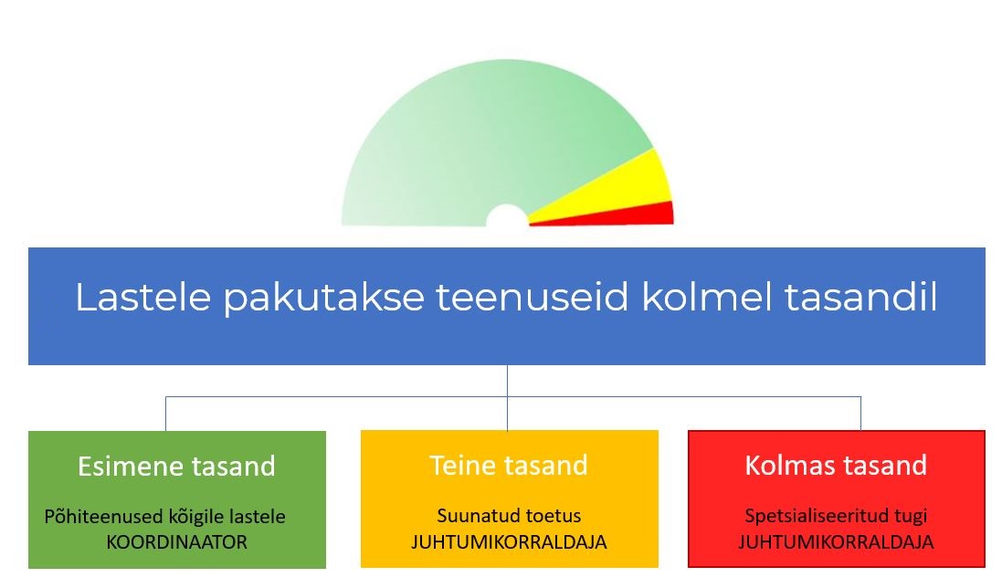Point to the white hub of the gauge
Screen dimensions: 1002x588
coord(507,216)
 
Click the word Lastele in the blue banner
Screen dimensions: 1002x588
coord(142,297)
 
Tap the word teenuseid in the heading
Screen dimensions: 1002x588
coord(533,297)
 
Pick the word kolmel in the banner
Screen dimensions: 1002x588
coord(706,296)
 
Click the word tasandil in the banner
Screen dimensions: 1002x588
coord(860,296)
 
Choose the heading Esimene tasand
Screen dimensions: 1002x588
coord(176,466)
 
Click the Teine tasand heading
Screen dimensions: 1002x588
coord(509,466)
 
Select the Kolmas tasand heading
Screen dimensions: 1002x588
coord(836,466)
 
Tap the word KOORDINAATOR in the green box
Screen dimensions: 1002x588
coord(176,542)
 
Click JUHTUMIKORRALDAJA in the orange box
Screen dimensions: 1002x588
coord(509,542)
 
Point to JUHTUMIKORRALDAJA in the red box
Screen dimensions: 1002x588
coord(836,542)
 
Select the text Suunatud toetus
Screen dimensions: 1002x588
coord(509,515)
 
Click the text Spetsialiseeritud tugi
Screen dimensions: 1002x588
coord(836,516)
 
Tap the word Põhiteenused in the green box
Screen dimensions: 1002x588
coord(103,516)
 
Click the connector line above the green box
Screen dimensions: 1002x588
coord(165,414)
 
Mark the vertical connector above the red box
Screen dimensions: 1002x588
coord(860,414)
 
